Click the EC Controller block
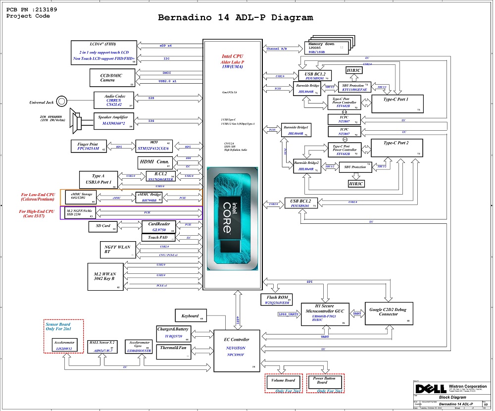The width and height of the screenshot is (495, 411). pyautogui.click(x=236, y=350)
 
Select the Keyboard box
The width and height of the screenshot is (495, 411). pyautogui.click(x=190, y=316)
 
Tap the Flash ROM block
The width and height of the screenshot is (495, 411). pyautogui.click(x=275, y=300)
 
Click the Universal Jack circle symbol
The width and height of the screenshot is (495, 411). pyautogui.click(x=61, y=102)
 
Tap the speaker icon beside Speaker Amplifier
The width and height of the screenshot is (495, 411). pyautogui.click(x=77, y=121)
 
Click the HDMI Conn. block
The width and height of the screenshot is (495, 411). pyautogui.click(x=154, y=162)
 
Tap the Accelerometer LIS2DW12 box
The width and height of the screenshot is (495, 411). pyautogui.click(x=64, y=346)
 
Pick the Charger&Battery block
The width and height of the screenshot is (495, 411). pyautogui.click(x=173, y=333)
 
